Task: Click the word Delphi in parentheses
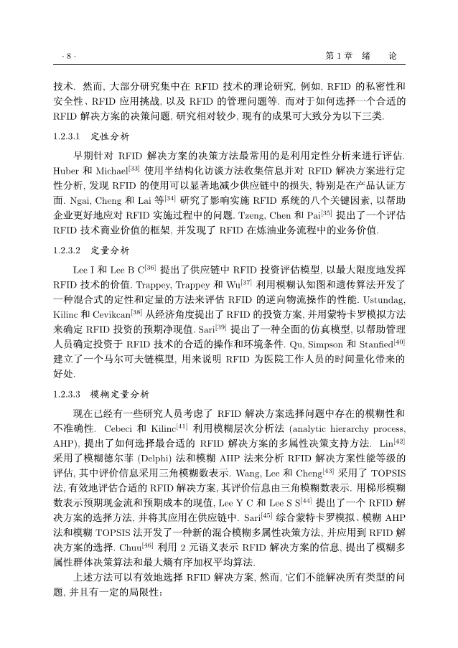(x=167, y=455)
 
